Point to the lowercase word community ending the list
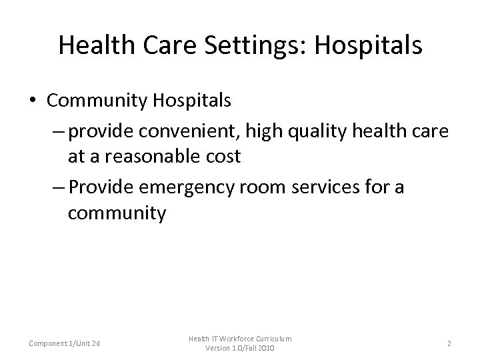point(117,215)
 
